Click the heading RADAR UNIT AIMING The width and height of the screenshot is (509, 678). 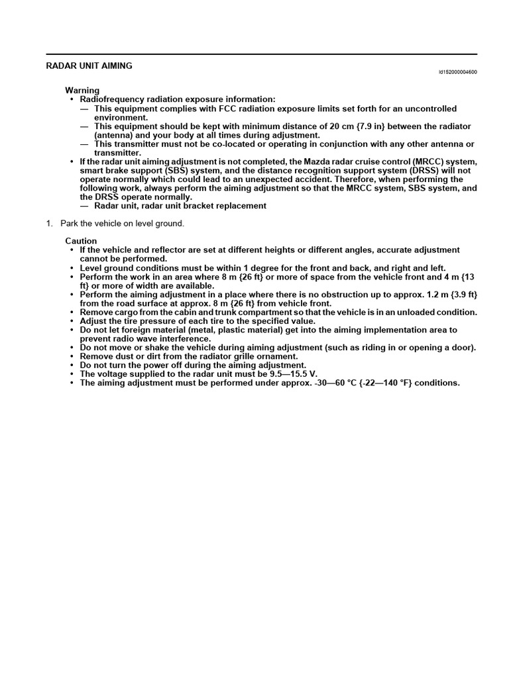click(89, 66)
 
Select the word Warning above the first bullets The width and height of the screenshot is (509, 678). click(82, 90)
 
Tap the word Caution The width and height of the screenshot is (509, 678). click(81, 241)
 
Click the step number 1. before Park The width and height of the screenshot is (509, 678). click(49, 224)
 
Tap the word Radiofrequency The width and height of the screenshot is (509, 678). click(113, 99)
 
